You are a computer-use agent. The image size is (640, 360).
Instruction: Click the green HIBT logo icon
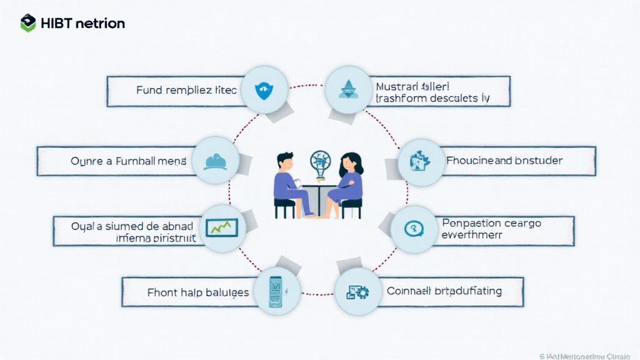[x=28, y=23]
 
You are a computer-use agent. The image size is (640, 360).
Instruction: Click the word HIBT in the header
[x=56, y=24]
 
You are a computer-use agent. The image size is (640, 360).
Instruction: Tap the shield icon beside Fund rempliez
[x=264, y=91]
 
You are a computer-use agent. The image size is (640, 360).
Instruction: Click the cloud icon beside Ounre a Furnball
[x=216, y=161]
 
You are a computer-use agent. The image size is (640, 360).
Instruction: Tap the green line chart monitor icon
[x=222, y=227]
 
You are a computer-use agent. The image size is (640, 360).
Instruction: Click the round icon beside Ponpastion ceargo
[x=414, y=229]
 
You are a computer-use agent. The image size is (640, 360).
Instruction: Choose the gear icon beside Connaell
[x=359, y=291]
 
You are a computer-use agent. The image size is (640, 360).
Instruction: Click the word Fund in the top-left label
[x=149, y=91]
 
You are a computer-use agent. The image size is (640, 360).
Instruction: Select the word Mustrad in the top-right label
[x=396, y=86]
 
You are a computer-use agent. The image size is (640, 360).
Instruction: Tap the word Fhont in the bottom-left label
[x=162, y=292]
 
